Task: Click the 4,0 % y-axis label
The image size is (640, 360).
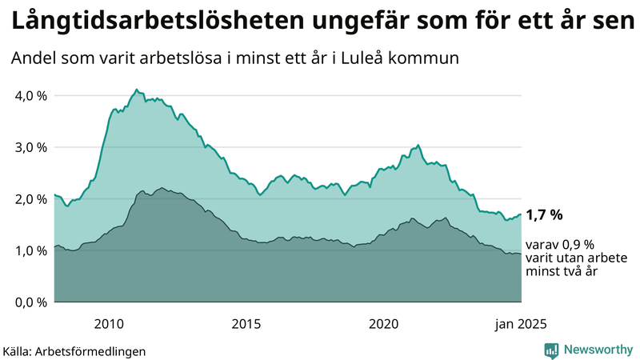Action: click(x=30, y=96)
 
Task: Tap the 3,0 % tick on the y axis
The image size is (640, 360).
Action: click(x=30, y=147)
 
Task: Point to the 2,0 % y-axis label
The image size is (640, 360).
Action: click(x=30, y=199)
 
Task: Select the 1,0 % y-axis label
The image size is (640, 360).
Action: click(x=30, y=250)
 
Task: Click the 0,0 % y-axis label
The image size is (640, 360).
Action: click(x=30, y=302)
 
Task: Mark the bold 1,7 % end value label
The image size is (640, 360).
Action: click(x=545, y=214)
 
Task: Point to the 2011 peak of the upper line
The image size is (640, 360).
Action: click(x=136, y=90)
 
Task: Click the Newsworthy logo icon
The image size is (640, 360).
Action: click(x=551, y=350)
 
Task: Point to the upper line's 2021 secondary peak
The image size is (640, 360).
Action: click(x=418, y=146)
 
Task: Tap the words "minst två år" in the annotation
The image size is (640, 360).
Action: click(x=562, y=272)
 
